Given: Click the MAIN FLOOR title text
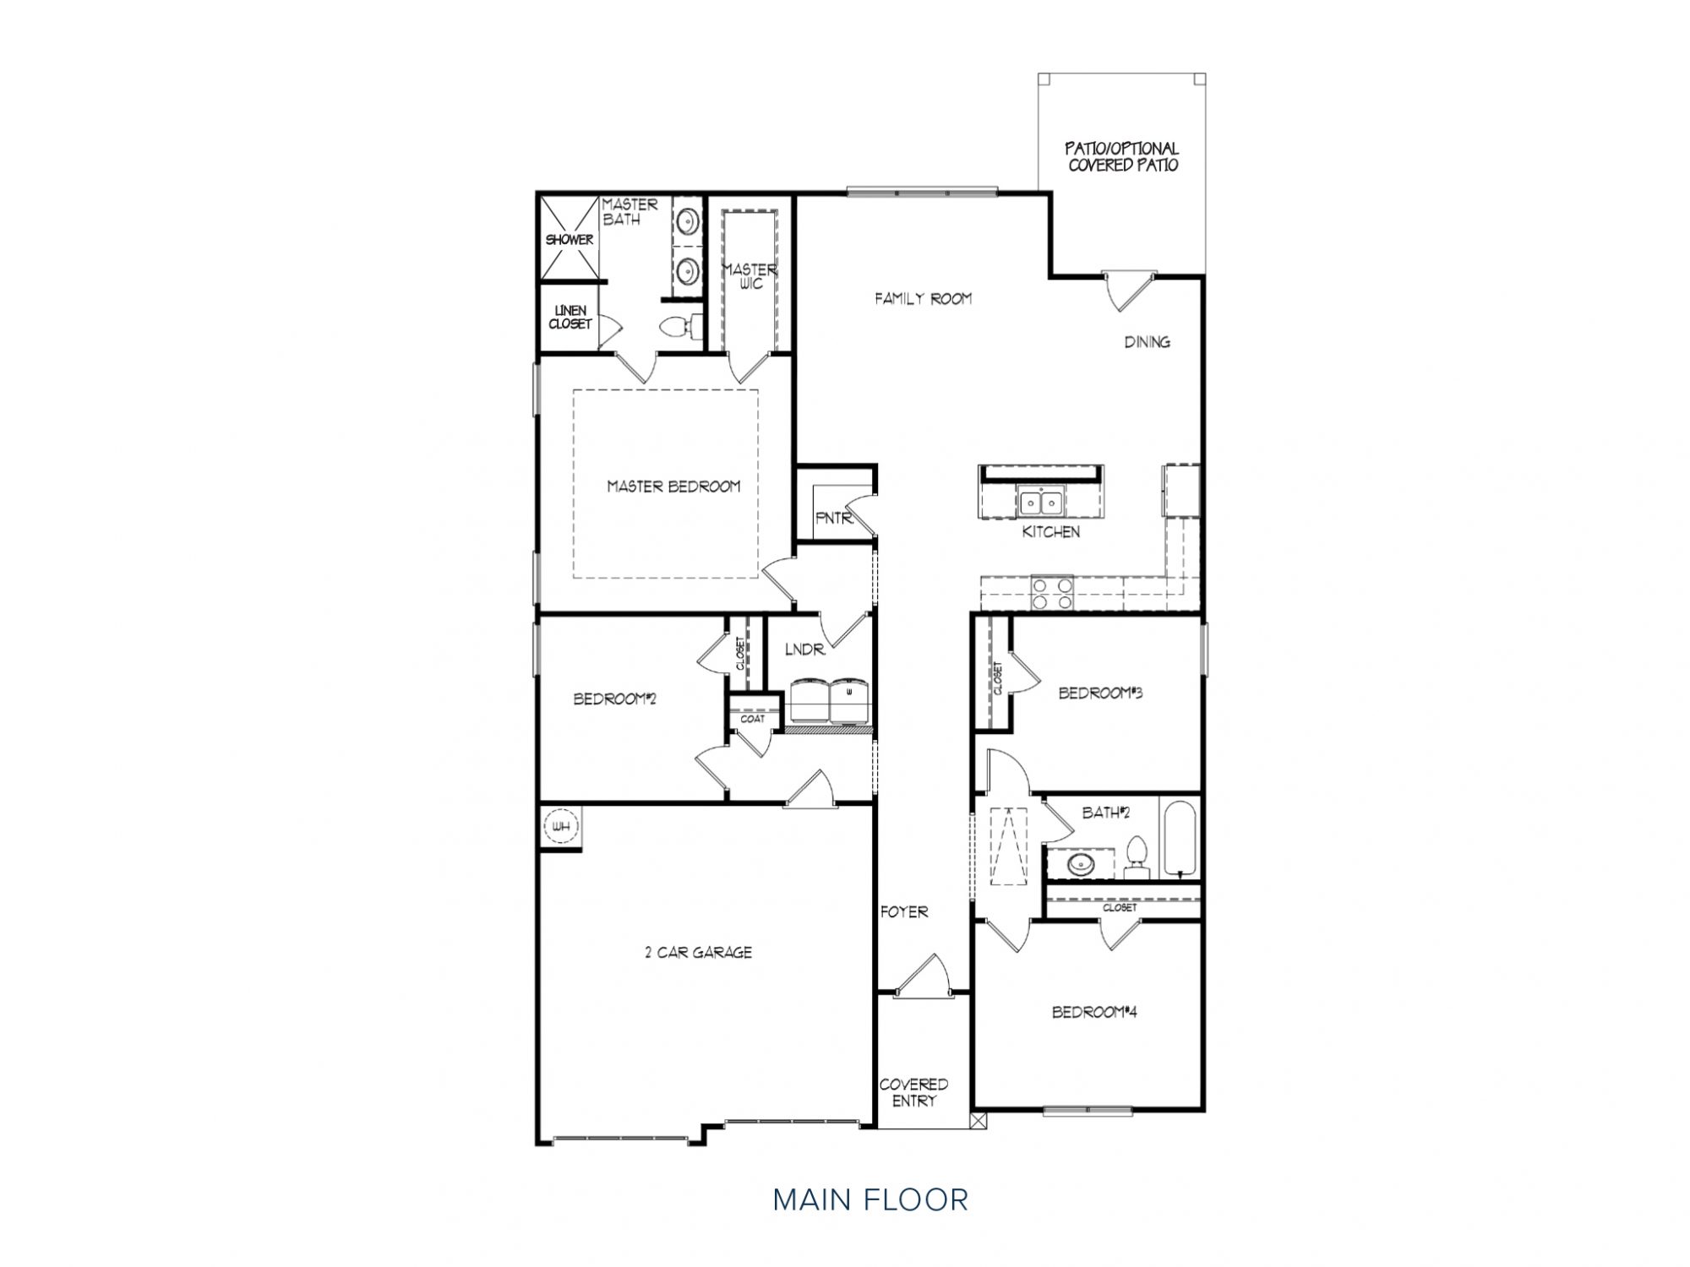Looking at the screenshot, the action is click(870, 1199).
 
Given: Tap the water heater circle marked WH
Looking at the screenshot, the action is click(560, 826).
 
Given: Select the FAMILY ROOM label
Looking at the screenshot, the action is click(923, 298).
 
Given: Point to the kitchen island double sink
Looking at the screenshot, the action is click(1041, 503).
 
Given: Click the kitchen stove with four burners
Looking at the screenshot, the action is click(1051, 592).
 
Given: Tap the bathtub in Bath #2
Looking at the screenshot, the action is click(1179, 838).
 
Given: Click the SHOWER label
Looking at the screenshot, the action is click(569, 240).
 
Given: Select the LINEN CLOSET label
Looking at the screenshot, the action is click(570, 318).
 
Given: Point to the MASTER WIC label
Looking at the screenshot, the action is click(750, 276).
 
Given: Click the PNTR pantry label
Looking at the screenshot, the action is click(834, 518).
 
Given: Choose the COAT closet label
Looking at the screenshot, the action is click(752, 719).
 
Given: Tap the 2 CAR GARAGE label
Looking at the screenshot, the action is click(698, 952).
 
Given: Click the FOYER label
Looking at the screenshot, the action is click(904, 911).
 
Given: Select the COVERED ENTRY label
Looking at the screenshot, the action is click(913, 1092).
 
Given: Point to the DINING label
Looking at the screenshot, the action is click(1147, 342).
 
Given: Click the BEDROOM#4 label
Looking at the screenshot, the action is click(1094, 1012).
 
